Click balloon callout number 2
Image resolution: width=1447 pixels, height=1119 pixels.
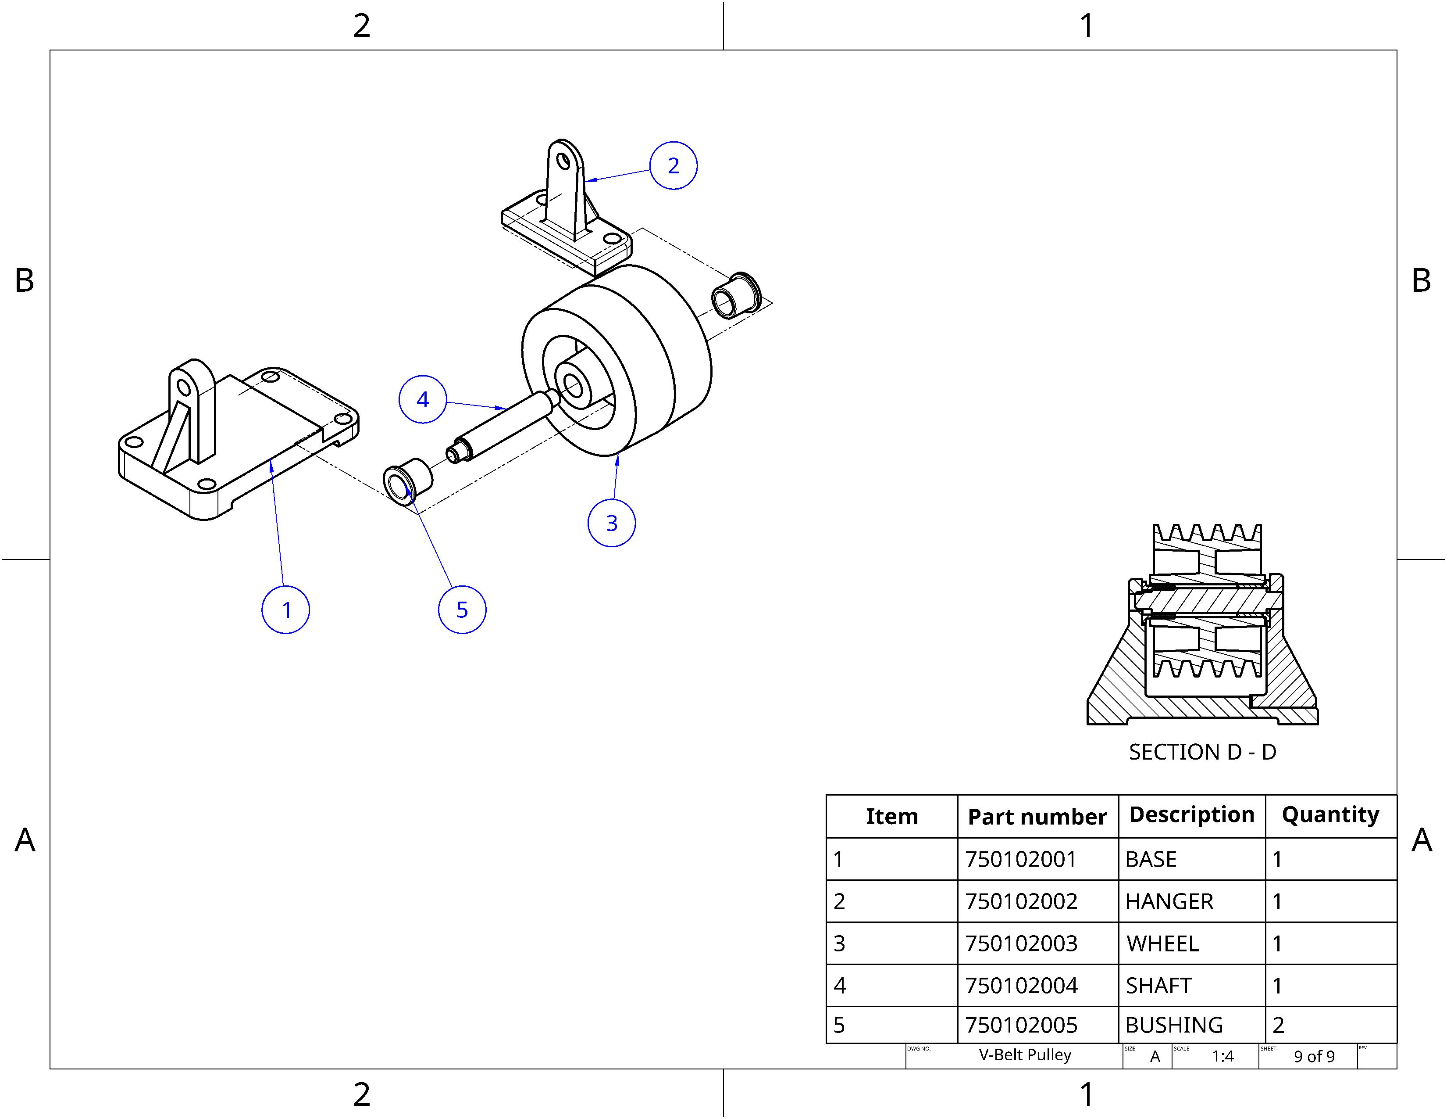pos(673,166)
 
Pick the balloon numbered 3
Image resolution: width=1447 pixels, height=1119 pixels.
pos(612,523)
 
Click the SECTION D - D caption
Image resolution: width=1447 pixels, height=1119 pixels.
pos(1202,752)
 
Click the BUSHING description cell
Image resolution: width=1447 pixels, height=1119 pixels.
pos(1173,1025)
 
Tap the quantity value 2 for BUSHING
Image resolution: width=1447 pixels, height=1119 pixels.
pos(1278,1025)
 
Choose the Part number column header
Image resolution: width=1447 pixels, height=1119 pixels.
pos(1037,817)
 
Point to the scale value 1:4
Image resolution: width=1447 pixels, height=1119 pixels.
pos(1222,1056)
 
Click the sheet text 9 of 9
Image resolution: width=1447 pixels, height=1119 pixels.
pos(1314,1056)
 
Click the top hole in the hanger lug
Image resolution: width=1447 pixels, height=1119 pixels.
pos(563,161)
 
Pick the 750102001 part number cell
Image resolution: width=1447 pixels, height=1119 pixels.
pos(1021,859)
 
